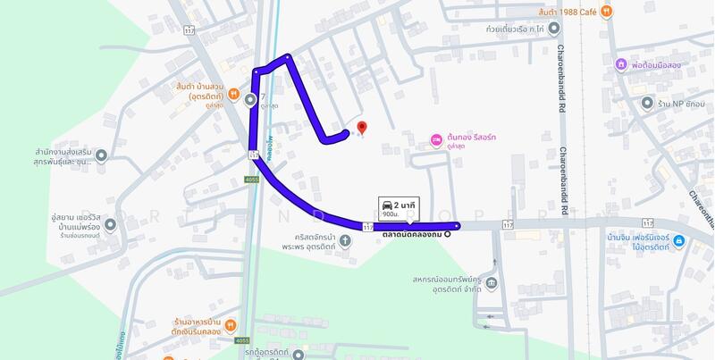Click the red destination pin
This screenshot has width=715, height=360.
point(361,129)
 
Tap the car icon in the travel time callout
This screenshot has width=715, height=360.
point(387,204)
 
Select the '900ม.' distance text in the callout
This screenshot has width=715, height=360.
point(391,215)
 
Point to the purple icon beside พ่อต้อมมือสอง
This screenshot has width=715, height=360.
point(620,65)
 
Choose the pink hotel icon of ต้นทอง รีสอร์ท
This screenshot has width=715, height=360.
point(436,139)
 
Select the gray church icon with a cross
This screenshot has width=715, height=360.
point(345,240)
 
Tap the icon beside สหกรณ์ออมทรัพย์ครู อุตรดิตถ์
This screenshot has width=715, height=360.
point(492,284)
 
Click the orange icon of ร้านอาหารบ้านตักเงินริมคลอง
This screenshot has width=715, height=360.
point(230,326)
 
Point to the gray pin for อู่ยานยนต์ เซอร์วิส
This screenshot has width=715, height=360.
point(110,223)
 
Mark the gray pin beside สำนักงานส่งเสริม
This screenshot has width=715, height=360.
point(101,157)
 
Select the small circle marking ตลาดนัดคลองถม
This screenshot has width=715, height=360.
point(447,236)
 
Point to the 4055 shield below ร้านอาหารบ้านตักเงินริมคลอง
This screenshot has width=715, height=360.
point(242,340)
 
